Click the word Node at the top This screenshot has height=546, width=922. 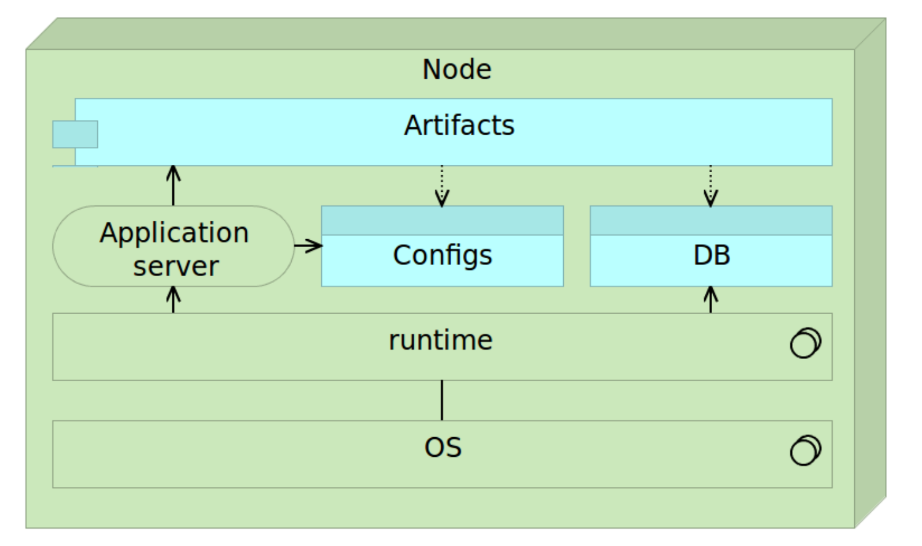pos(457,69)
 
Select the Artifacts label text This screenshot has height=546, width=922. pos(459,125)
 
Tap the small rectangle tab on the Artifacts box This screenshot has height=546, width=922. pos(75,134)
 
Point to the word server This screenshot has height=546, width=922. pos(176,266)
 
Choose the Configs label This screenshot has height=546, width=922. pos(443,256)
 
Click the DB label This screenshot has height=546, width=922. pos(712,255)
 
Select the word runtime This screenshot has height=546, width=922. pos(441,341)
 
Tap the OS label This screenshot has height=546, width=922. pos(443,448)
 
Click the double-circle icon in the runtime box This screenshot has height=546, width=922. pos(806,343)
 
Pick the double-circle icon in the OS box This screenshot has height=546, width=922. pos(806,450)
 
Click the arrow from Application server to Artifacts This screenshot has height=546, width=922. pos(174,186)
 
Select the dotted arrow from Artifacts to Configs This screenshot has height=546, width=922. pos(442,186)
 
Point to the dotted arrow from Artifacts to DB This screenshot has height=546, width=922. pos(711,186)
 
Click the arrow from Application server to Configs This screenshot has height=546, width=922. pos(308,246)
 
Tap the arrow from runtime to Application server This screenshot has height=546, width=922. pos(174,299)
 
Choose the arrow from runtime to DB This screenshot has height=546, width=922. pos(711,299)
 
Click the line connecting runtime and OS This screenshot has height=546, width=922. pos(442,400)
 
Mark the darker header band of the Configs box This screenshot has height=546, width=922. pos(443,221)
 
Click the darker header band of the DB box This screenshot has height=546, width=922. pos(712,221)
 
